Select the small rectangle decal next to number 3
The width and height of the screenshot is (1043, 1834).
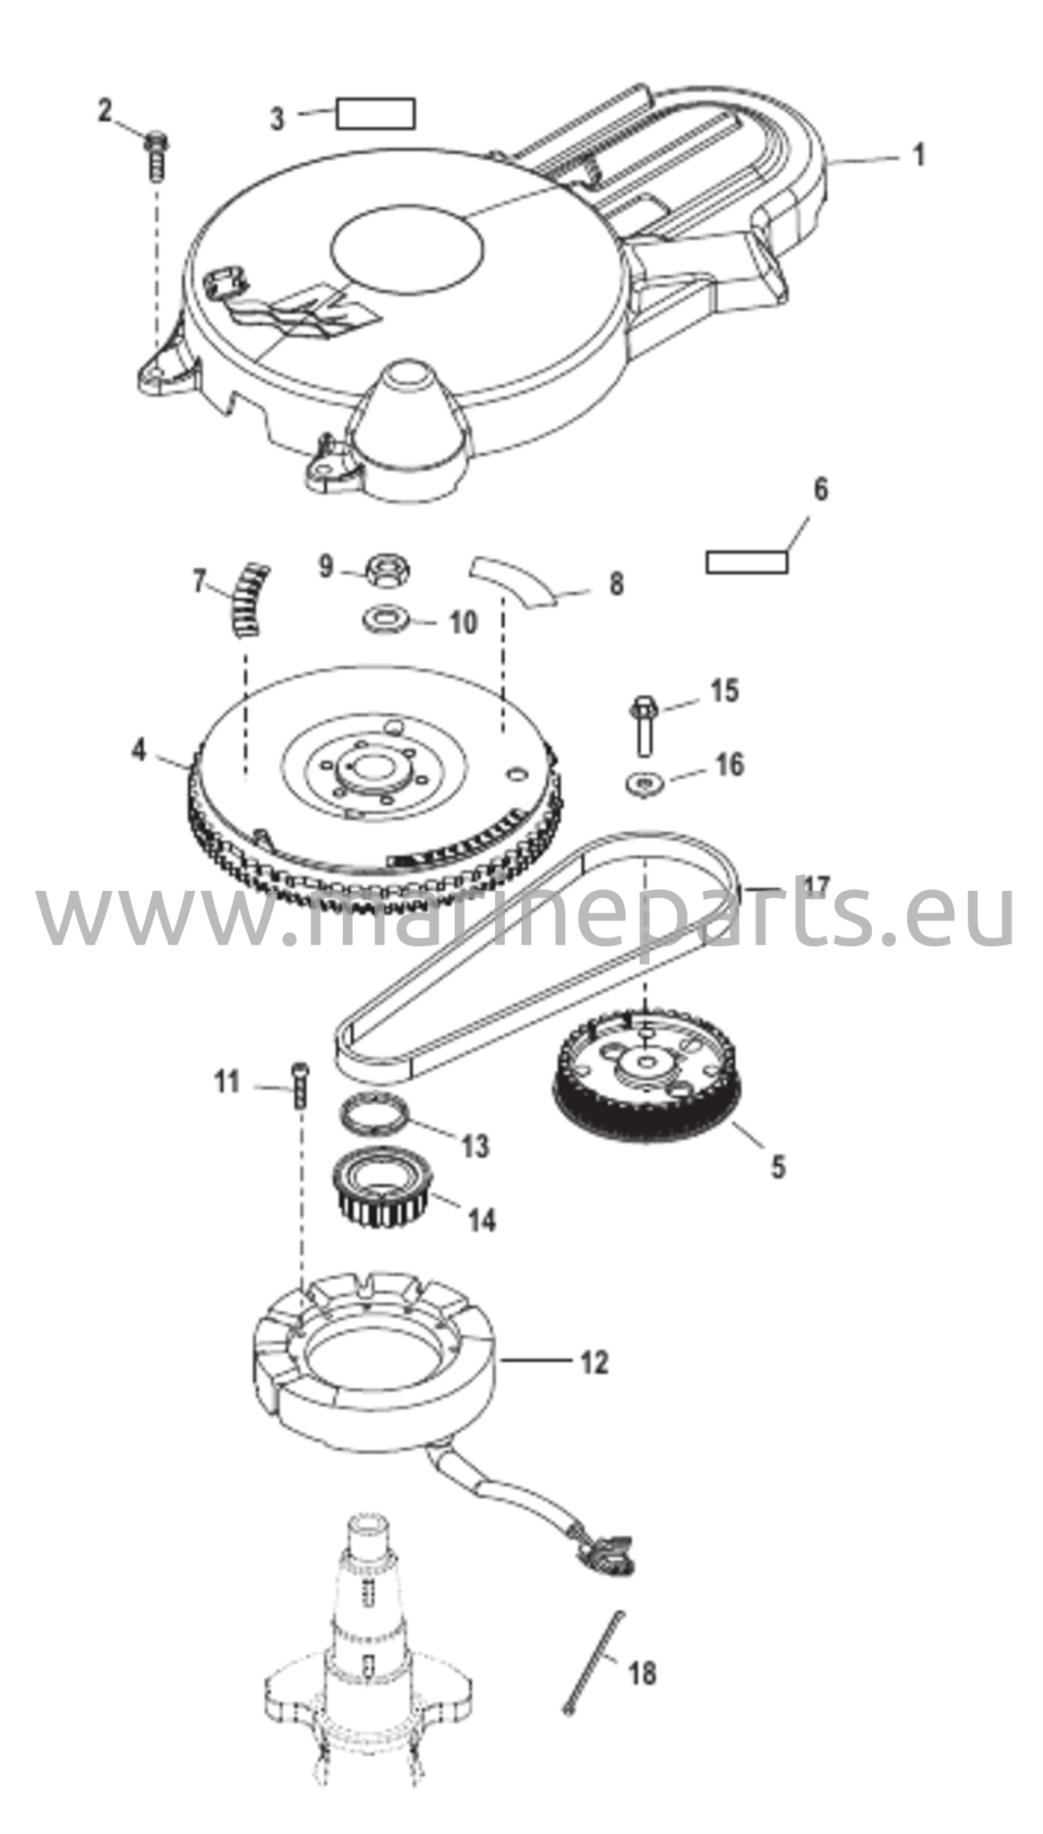(x=375, y=114)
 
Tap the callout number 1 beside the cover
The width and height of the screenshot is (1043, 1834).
(x=917, y=155)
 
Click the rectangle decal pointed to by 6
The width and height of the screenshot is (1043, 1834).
(x=747, y=561)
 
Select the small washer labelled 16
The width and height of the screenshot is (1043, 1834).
(x=643, y=782)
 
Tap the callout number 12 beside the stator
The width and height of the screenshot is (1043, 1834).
(x=594, y=1363)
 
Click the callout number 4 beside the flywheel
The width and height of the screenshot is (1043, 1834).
(x=138, y=750)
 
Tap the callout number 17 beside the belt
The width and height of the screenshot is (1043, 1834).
(x=816, y=887)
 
